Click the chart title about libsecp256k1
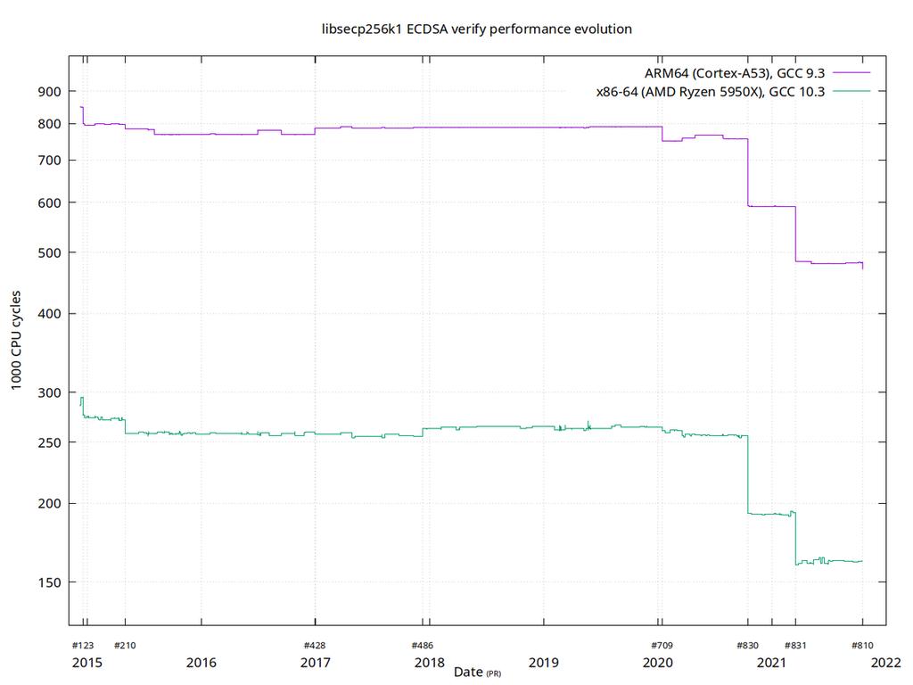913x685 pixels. click(x=477, y=29)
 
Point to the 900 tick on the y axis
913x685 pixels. click(x=50, y=91)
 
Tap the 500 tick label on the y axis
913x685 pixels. click(x=50, y=252)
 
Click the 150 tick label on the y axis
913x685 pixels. click(x=50, y=582)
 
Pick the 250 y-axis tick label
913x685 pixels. click(x=50, y=442)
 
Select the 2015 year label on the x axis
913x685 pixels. click(x=86, y=663)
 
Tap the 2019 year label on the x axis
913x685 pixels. click(x=543, y=663)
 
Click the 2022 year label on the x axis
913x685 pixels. click(x=884, y=663)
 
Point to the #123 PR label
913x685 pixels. click(x=82, y=645)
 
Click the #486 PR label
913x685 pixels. click(x=422, y=645)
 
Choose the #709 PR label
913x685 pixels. click(x=661, y=645)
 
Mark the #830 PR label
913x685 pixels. click(x=747, y=645)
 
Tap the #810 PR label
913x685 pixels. click(x=862, y=645)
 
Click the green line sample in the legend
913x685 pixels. click(x=851, y=91)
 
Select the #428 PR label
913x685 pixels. click(x=315, y=645)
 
